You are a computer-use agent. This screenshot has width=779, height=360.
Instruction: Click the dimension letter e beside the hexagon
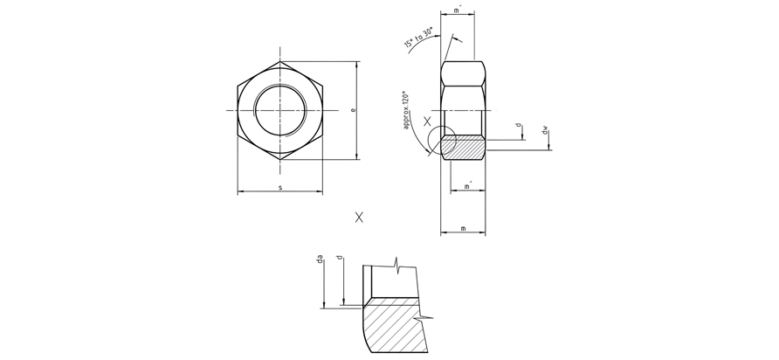pos(353,110)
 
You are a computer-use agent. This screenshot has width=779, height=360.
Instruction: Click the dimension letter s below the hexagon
pos(280,187)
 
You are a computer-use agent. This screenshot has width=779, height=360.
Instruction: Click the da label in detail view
pos(321,259)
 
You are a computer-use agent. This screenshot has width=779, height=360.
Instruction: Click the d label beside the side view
pos(519,125)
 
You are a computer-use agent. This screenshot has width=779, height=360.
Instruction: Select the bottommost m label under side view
pos(463,228)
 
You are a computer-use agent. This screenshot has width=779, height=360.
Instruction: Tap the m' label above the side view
pos(458,10)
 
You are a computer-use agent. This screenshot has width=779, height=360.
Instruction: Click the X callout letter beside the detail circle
pos(427,121)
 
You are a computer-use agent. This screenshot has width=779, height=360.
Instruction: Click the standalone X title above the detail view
pos(359,217)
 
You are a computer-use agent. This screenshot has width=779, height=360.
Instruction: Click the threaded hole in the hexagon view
pos(280,110)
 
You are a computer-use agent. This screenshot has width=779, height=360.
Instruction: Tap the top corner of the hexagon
pos(280,61)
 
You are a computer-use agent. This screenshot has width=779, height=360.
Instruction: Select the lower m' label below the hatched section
pos(467,186)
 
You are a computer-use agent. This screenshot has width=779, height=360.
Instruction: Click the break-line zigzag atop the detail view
pos(398,263)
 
